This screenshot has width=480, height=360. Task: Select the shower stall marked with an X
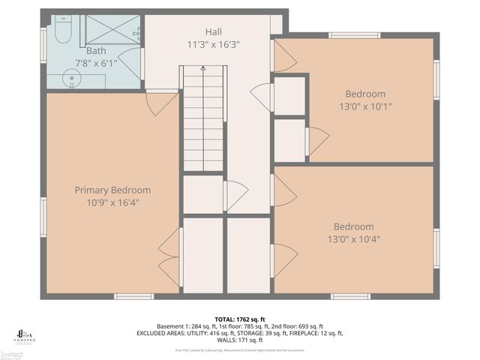112,31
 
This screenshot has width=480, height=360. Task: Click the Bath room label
95,51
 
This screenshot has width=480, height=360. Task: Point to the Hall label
214,32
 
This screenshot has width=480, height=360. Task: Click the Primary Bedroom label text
112,190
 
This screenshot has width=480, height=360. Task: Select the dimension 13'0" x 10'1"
365,106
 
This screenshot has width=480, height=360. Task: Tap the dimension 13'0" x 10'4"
353,239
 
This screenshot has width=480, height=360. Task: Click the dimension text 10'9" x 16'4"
112,202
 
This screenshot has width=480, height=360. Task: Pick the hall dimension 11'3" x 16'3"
214,44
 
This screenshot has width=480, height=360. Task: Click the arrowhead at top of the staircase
203,69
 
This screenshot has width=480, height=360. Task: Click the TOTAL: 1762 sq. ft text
239,319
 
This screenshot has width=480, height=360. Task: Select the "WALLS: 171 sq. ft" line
239,339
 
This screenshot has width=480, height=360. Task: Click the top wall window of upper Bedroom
354,35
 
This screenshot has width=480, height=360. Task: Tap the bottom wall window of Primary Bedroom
133,296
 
